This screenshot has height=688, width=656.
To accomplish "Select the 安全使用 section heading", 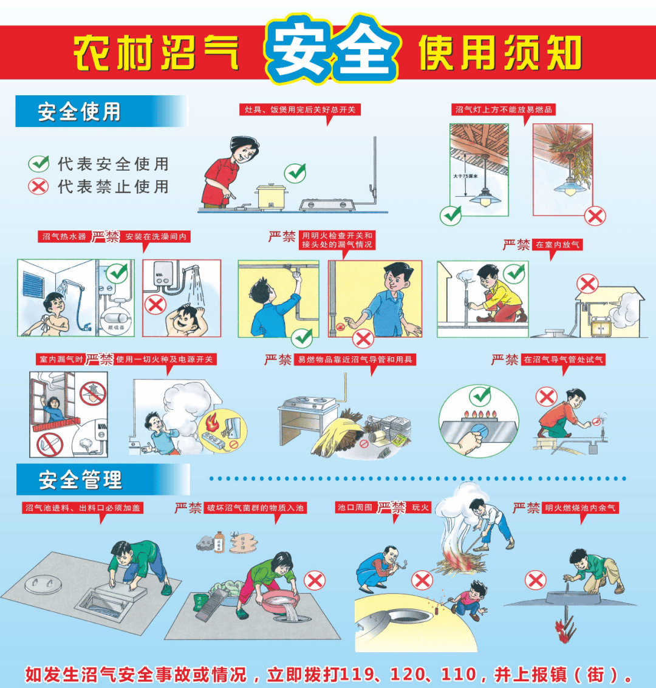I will (x=79, y=112).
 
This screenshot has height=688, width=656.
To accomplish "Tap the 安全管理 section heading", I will (x=80, y=480).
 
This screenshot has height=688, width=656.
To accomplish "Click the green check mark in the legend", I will (x=39, y=163).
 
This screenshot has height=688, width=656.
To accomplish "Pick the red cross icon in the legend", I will (x=38, y=186).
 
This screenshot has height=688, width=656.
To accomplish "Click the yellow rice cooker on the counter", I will (x=270, y=196).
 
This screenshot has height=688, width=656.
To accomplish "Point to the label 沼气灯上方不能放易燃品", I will (x=504, y=110).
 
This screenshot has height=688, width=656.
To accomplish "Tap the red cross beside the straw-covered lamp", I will (x=595, y=216).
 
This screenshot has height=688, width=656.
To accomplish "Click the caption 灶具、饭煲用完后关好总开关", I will (x=300, y=110).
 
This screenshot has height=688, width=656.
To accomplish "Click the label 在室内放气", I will (x=557, y=245).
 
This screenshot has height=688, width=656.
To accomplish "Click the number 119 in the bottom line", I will (x=358, y=674).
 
